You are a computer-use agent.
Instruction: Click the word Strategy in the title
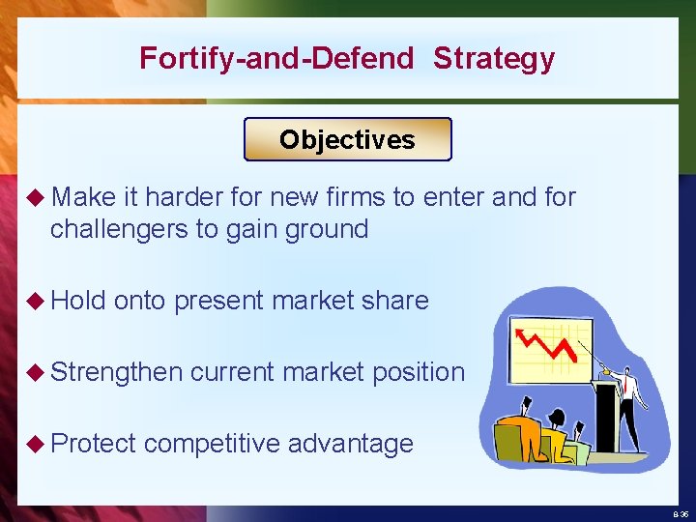(x=494, y=59)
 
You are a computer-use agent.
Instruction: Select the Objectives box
(x=347, y=139)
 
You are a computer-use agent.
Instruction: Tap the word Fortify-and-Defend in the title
(x=276, y=59)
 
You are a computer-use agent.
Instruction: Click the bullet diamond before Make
(x=36, y=198)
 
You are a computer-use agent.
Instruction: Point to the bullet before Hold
(x=36, y=301)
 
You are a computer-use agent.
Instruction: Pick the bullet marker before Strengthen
(x=36, y=372)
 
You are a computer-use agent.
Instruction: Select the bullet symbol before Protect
(x=36, y=444)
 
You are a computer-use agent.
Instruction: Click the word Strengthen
(x=117, y=372)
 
